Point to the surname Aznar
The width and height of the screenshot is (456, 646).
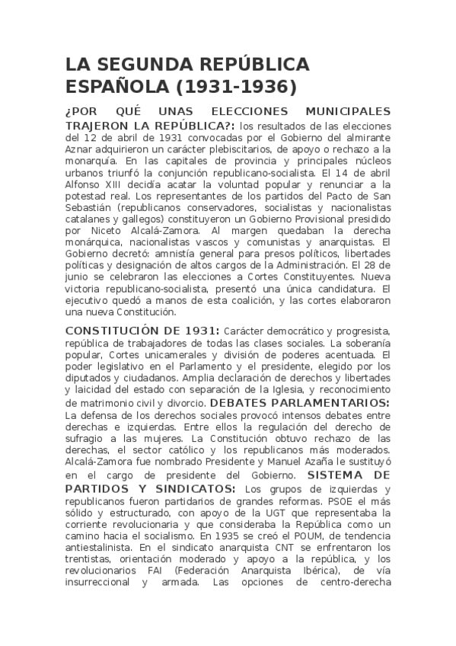(81, 151)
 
